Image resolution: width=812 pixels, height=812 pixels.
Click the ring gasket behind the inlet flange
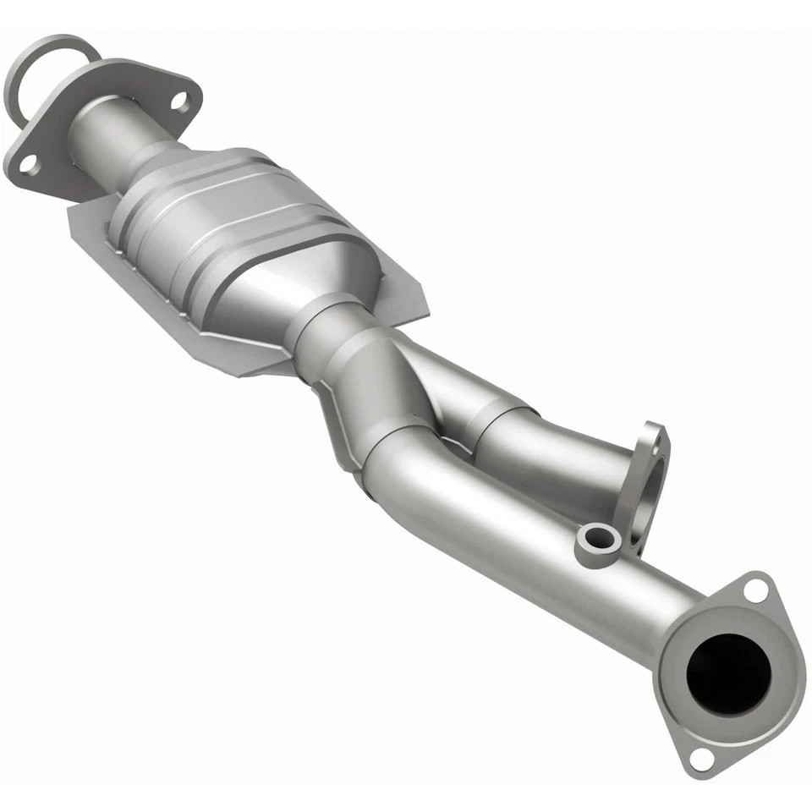(x=34, y=63)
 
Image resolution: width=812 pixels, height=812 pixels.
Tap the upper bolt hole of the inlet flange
(x=179, y=101)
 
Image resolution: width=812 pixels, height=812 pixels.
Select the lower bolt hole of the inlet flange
(x=28, y=164)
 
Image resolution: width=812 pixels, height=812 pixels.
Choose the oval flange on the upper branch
(x=647, y=482)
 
